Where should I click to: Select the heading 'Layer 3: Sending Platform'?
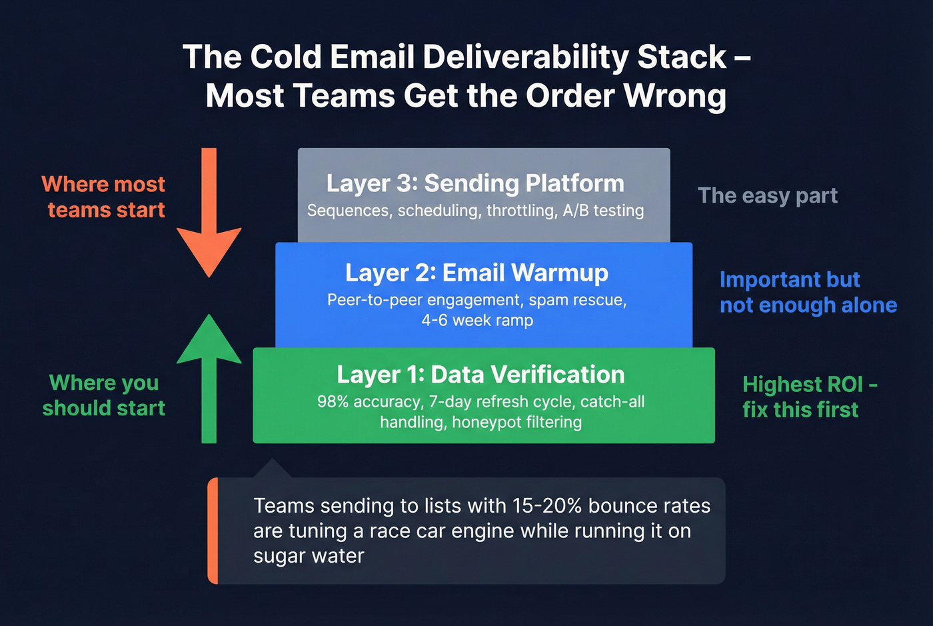pos(475,183)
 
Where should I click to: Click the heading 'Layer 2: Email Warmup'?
pos(476,273)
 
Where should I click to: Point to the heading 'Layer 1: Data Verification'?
pos(480,375)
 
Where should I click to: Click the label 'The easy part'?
pos(767,196)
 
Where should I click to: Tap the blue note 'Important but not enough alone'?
pos(808,292)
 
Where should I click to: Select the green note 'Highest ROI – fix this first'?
pos(809,397)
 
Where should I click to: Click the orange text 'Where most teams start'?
pos(104,197)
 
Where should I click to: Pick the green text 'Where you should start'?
pos(104,395)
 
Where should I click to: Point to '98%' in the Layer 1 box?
pos(333,402)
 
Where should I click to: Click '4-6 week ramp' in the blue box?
pos(477,321)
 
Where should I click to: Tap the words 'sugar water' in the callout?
pos(309,556)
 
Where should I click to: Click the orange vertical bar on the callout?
pos(213,531)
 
